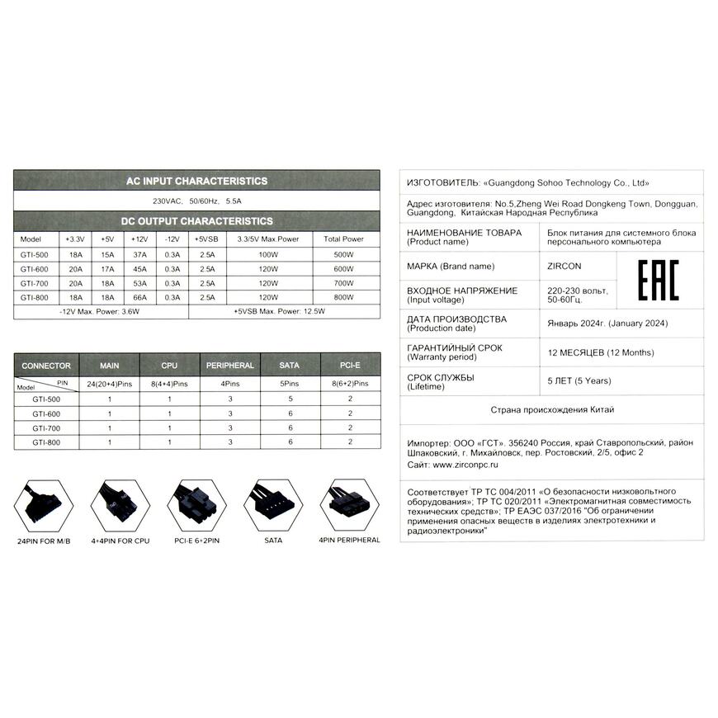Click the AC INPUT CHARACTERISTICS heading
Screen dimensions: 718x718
(196, 181)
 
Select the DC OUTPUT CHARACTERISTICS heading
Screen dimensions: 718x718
(196, 221)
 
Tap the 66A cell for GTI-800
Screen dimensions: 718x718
(139, 297)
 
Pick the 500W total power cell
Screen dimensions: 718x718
(342, 255)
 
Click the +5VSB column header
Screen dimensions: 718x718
(206, 239)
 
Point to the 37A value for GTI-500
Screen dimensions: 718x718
(139, 255)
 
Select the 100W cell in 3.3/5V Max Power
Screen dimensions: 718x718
(267, 255)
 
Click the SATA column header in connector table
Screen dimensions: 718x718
(291, 365)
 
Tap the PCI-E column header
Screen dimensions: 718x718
(351, 365)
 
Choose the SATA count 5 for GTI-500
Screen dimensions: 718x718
(291, 399)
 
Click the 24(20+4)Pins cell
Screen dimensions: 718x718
(109, 384)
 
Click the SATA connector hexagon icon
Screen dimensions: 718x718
(272, 504)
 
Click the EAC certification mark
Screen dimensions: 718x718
(659, 279)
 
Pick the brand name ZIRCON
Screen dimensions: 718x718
(564, 267)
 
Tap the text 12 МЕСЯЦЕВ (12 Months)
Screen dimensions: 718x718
(600, 352)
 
